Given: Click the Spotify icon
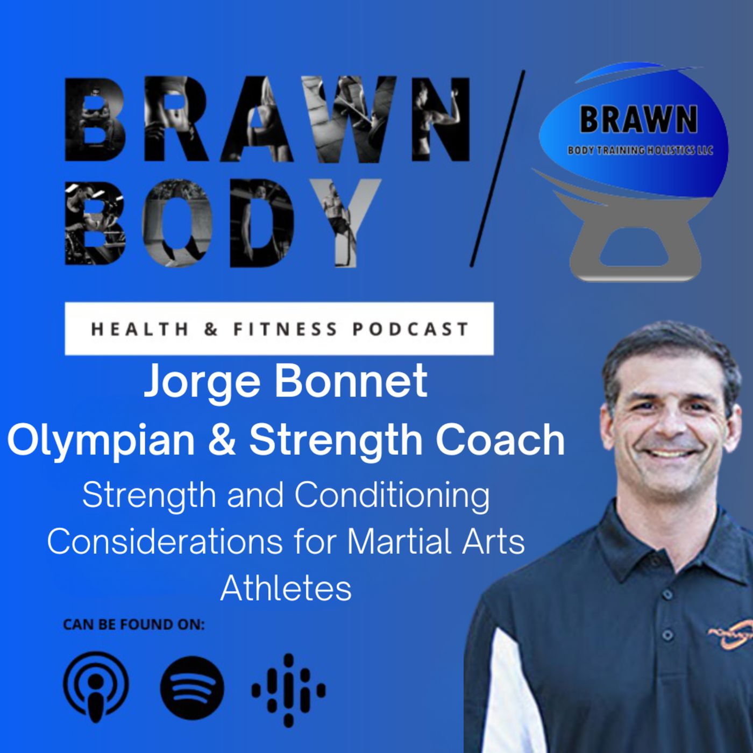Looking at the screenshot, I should point(192,688).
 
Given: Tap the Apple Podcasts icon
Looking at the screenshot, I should point(96,687).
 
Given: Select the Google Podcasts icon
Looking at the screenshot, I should point(288,690).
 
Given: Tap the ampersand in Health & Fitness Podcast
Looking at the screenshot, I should point(211,329).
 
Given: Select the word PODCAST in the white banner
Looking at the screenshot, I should point(410,329).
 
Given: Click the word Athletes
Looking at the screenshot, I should point(286,588).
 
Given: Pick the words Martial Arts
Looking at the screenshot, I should point(436,542).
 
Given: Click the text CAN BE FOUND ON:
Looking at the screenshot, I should point(134,624).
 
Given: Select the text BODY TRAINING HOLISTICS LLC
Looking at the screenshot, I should point(640,150).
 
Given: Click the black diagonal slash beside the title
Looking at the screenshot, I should point(497,169).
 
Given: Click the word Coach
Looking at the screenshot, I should point(500,440).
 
